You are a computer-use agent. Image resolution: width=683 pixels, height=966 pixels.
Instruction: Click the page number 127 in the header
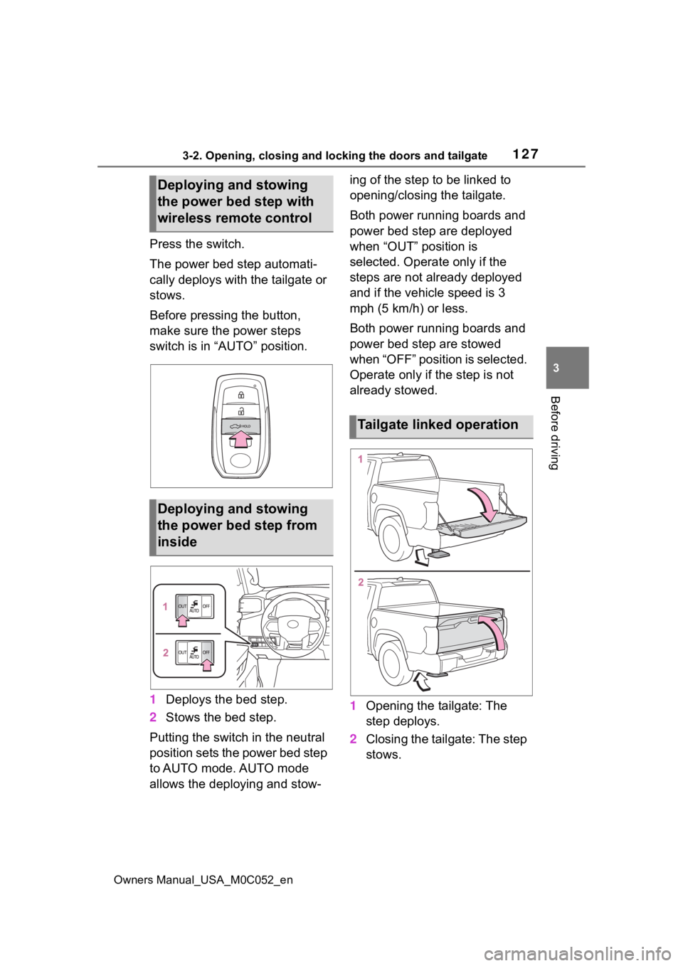tap(526, 154)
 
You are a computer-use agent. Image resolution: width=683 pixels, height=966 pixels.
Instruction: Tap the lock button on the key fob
tap(240, 394)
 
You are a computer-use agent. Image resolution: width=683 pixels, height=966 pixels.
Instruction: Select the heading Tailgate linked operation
tap(438, 425)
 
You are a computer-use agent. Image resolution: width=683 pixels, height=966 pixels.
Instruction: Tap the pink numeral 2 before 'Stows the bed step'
tap(153, 717)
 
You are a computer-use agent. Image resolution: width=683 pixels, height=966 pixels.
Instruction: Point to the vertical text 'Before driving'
tap(554, 432)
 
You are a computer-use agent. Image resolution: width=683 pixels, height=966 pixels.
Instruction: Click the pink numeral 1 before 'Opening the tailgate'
tap(353, 706)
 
